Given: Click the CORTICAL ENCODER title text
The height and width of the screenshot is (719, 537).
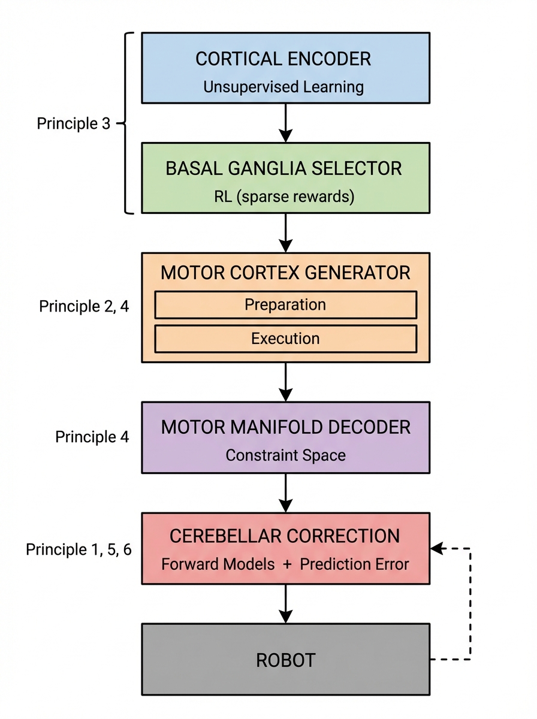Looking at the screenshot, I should pyautogui.click(x=283, y=59).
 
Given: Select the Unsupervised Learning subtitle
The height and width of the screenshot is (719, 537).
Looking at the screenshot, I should pyautogui.click(x=283, y=87).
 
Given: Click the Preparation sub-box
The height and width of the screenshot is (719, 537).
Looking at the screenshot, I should pyautogui.click(x=285, y=304).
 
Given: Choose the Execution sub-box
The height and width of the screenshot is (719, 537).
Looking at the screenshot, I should pyautogui.click(x=285, y=339).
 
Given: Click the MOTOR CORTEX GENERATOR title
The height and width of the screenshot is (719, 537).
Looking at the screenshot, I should pyautogui.click(x=285, y=273).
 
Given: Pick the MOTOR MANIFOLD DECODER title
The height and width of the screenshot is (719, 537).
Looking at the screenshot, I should pyautogui.click(x=286, y=427).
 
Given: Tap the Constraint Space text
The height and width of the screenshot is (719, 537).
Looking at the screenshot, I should pyautogui.click(x=286, y=455).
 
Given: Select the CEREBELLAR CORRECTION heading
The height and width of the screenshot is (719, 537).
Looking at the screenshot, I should pyautogui.click(x=285, y=536).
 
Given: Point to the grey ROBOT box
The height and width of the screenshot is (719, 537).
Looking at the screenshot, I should pyautogui.click(x=285, y=659).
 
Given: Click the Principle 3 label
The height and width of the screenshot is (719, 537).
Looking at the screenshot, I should pyautogui.click(x=74, y=124).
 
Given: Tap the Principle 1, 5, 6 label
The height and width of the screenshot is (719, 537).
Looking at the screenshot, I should pyautogui.click(x=79, y=549).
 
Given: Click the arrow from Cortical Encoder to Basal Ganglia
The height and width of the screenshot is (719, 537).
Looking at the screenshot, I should pyautogui.click(x=286, y=123).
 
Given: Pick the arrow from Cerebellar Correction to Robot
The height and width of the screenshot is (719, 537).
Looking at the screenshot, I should pyautogui.click(x=286, y=603).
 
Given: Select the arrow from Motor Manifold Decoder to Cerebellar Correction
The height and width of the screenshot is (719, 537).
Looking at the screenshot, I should pyautogui.click(x=286, y=493).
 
